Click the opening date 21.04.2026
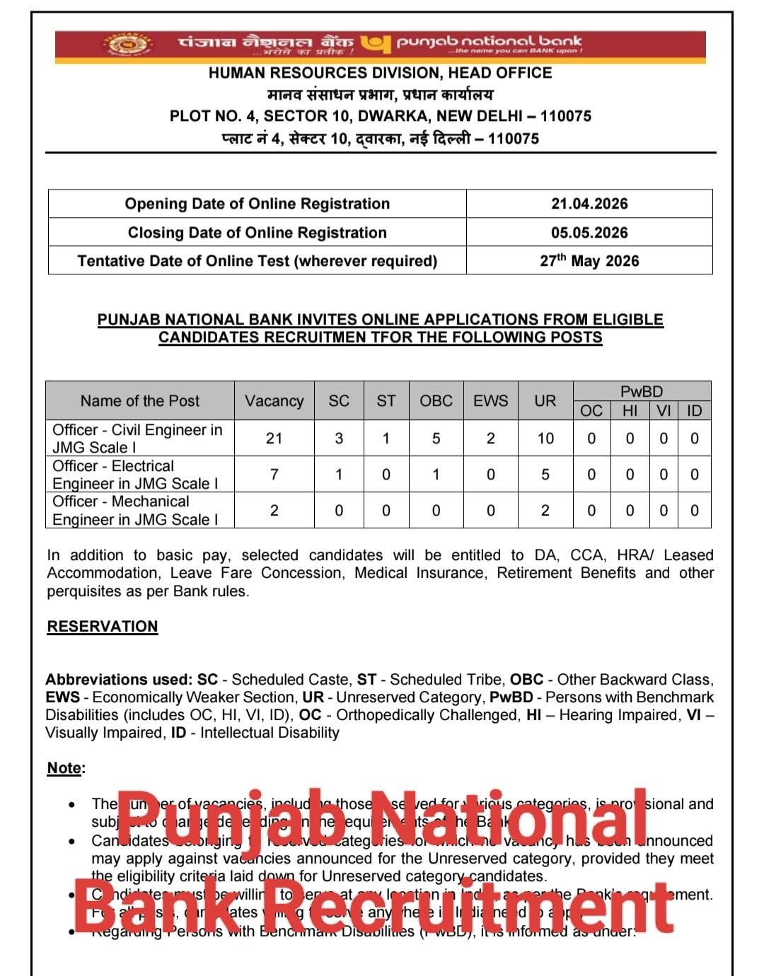coord(589,204)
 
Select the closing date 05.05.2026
coord(589,233)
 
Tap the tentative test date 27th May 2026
coord(589,261)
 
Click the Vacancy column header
coord(274,401)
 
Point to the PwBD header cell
coord(642,391)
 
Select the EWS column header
coord(490,401)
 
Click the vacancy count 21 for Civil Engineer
coord(274,438)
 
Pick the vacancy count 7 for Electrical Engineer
coord(274,475)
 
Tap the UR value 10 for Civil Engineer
coord(545,438)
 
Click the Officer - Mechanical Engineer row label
coord(135,511)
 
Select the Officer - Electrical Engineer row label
coord(135,475)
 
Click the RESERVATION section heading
coord(103,627)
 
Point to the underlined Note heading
coord(65,768)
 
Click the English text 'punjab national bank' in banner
coord(489,41)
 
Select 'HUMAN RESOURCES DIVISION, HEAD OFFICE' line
coord(380,73)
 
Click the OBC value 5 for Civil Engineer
coord(436,438)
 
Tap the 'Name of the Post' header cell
coord(140,401)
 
